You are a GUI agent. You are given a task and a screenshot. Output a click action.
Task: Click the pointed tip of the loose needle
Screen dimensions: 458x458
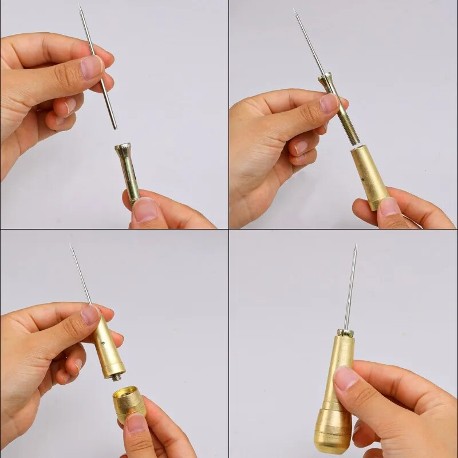[80, 7]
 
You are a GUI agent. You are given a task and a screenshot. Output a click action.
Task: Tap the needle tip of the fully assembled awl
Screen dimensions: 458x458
[355, 247]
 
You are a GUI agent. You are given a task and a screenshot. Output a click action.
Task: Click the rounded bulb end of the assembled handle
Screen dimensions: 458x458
[332, 435]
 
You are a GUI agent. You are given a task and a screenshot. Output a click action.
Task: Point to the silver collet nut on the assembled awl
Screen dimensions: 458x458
[344, 332]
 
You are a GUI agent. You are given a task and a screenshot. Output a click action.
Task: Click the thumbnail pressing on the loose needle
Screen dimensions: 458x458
[91, 67]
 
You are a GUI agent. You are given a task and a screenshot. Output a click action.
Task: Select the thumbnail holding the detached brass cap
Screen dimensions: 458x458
[137, 423]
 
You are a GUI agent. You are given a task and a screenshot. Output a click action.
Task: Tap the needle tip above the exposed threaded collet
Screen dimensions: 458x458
[295, 10]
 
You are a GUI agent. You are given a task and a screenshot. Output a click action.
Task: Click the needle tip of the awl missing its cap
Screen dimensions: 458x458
[71, 246]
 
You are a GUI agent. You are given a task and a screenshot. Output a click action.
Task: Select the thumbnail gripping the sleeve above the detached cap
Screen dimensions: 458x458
[90, 315]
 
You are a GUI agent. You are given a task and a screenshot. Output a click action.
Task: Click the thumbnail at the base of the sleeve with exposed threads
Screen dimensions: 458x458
[390, 206]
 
